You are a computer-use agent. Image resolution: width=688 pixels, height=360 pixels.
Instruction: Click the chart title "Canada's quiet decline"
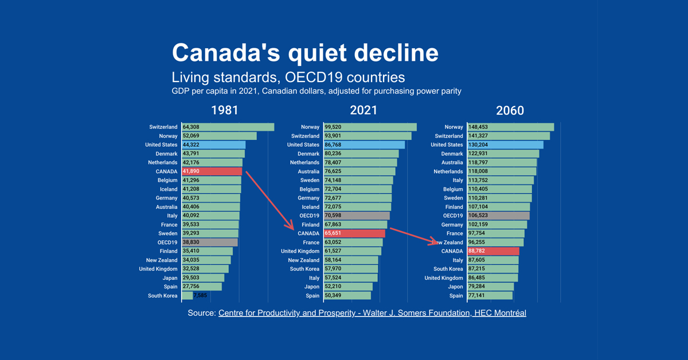click(x=305, y=53)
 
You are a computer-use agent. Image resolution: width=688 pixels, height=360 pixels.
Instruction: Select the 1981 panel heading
click(x=224, y=110)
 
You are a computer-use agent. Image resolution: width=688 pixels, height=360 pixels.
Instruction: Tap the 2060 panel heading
click(x=510, y=110)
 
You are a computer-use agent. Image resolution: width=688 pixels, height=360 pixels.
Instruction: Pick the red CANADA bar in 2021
click(x=355, y=234)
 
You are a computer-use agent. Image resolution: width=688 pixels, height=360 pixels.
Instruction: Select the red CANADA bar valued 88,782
click(x=493, y=251)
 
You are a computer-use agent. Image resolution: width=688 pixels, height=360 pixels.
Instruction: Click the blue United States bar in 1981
click(x=213, y=145)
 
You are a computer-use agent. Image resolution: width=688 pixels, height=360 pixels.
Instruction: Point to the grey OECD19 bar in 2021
click(x=357, y=216)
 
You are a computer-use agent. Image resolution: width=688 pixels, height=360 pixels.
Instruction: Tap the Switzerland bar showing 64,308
click(x=228, y=127)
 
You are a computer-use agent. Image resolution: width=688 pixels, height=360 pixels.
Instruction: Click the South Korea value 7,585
click(x=200, y=296)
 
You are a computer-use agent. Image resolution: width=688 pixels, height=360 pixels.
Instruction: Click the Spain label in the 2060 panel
click(x=456, y=296)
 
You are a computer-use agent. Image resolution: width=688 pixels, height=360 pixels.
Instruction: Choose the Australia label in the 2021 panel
click(x=308, y=171)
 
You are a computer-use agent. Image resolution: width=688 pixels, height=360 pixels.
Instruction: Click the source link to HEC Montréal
click(x=372, y=313)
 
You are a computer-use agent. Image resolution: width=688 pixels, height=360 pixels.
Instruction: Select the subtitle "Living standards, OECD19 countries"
click(x=288, y=78)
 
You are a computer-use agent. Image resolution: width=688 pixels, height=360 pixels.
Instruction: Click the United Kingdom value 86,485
click(x=480, y=278)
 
